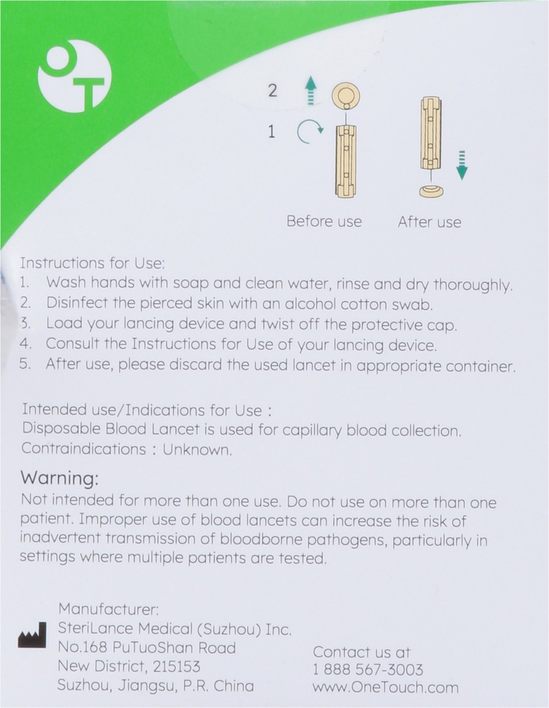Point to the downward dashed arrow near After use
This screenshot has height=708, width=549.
tap(462, 165)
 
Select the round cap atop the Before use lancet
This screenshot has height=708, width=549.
tap(346, 96)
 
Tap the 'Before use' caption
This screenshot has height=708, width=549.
tap(324, 222)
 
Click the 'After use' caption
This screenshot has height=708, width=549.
tap(429, 222)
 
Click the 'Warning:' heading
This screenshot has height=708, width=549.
tap(60, 477)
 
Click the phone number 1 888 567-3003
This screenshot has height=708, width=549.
tap(368, 670)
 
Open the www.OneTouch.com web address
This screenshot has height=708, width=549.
tap(385, 687)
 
